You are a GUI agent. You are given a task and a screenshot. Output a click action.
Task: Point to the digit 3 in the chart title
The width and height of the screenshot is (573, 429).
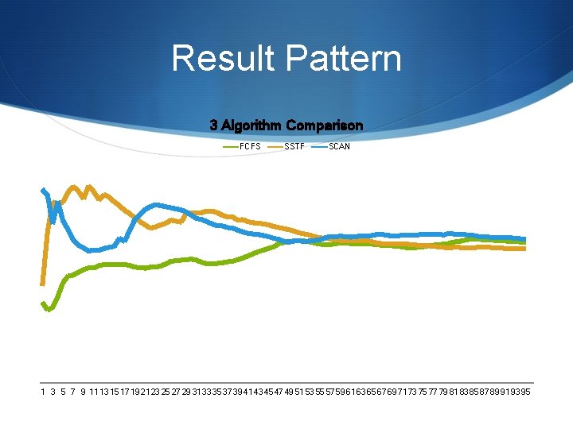(213, 126)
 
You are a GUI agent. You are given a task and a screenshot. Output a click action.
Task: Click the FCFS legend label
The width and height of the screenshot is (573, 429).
(251, 146)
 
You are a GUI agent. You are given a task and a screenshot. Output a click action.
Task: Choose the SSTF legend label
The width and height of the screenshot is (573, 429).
(294, 146)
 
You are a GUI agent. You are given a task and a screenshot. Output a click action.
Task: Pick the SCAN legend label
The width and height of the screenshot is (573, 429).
(339, 146)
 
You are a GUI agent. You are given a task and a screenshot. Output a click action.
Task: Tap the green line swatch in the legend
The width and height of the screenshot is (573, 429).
(231, 146)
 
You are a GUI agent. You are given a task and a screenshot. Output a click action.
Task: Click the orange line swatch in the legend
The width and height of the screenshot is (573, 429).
(275, 146)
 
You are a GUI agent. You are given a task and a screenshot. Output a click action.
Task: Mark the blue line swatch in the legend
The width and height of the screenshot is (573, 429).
(320, 146)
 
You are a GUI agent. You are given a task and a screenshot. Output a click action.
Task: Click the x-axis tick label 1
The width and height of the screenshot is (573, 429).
(43, 392)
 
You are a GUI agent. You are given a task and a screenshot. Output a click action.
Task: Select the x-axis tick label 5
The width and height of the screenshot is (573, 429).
(62, 392)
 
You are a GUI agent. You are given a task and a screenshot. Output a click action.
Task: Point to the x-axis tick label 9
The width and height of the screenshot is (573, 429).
(83, 392)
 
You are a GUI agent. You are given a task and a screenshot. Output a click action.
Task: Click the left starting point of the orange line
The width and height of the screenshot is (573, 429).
(43, 283)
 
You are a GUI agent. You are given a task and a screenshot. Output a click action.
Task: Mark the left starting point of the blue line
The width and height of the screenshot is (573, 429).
(43, 189)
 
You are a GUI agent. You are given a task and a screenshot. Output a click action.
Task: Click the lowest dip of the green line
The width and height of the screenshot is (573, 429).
(49, 310)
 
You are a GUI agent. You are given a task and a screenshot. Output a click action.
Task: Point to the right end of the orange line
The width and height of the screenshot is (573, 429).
(524, 249)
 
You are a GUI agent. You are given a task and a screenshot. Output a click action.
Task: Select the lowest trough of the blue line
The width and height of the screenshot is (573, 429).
(92, 250)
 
